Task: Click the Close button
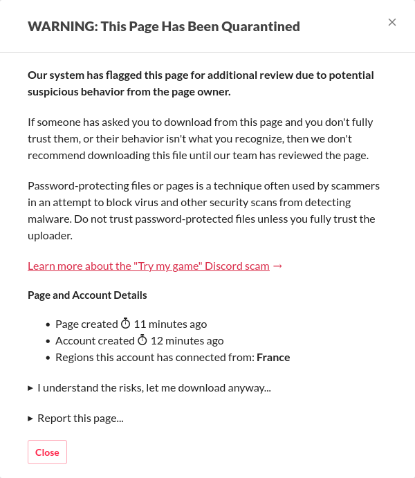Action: (x=47, y=452)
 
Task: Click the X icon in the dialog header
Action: (x=392, y=22)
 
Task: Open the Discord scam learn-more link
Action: (x=149, y=266)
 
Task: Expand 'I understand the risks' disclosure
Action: (x=154, y=387)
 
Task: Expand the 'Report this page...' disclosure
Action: (x=80, y=418)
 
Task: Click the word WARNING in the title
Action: (x=62, y=27)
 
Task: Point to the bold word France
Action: (x=273, y=358)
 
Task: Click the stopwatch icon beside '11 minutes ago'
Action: (x=125, y=324)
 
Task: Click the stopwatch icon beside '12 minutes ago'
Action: (x=142, y=340)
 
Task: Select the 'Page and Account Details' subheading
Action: (x=87, y=295)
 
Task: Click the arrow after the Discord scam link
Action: (x=278, y=266)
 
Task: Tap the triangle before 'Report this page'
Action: (x=30, y=419)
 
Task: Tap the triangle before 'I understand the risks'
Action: (x=30, y=388)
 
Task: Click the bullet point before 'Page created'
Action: (x=48, y=324)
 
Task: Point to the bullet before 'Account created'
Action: (x=48, y=341)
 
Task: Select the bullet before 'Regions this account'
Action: (x=48, y=358)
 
